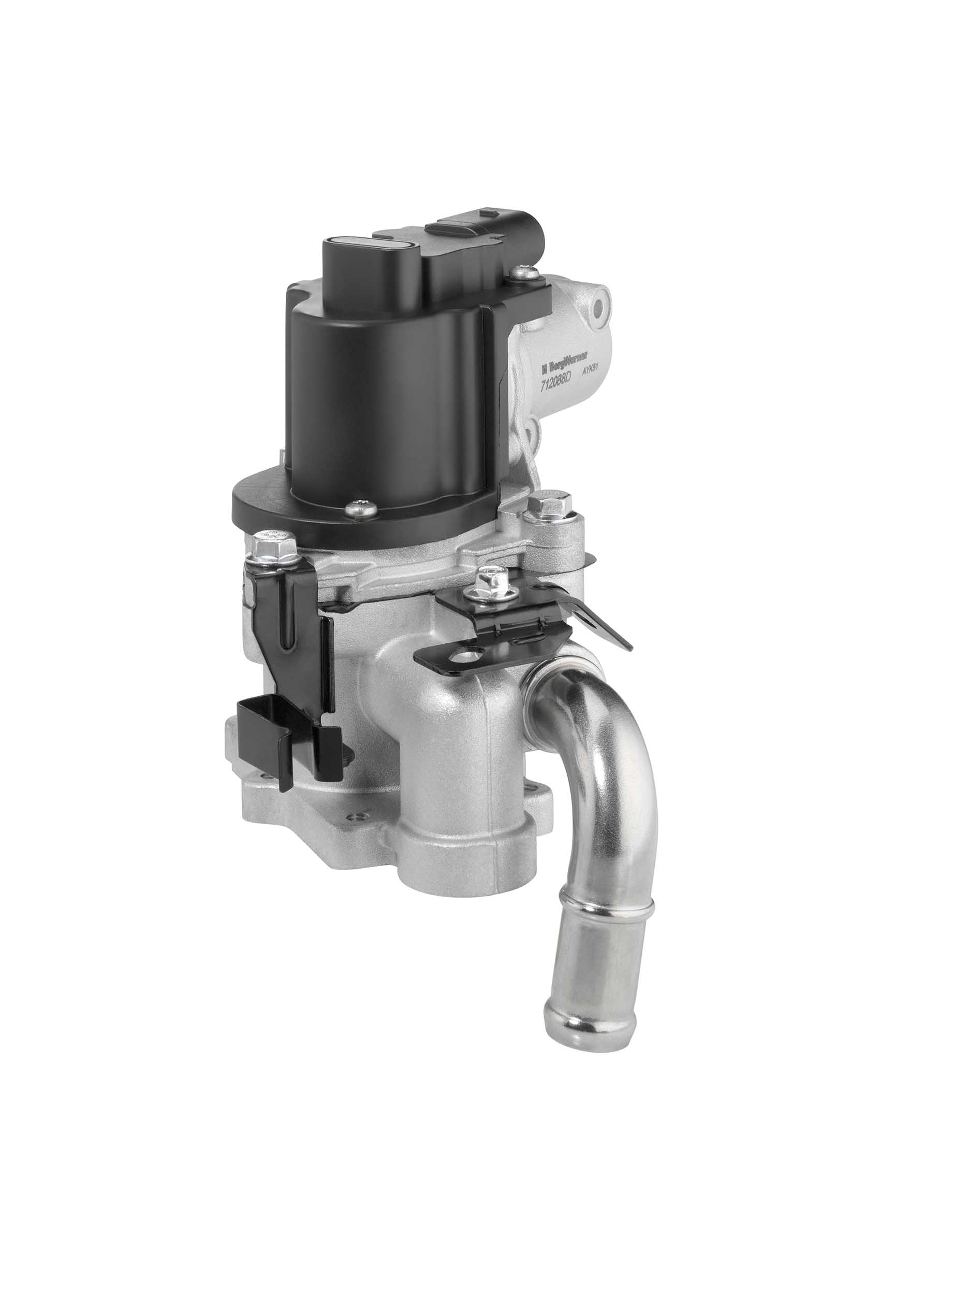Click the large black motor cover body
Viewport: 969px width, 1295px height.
[386, 398]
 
